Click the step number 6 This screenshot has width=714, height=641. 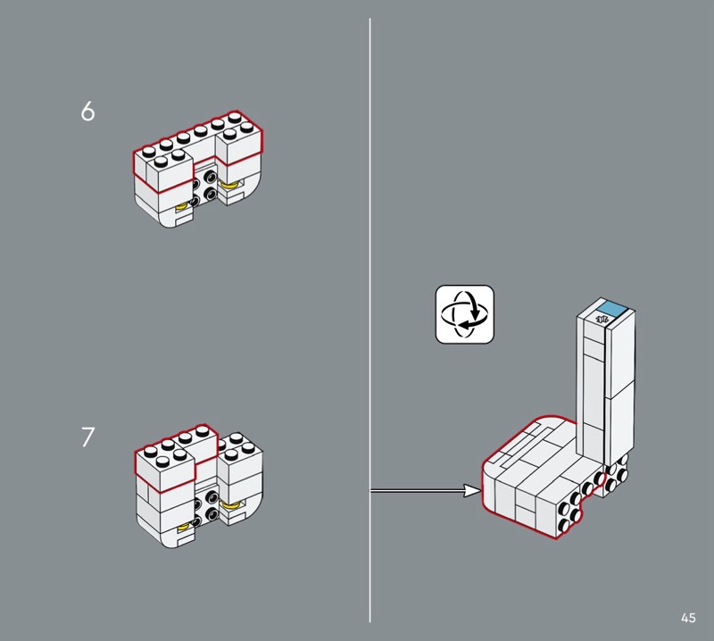point(87,112)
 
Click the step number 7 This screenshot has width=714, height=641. point(87,437)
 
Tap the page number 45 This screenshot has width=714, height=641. point(688,618)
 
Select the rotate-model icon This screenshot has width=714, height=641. point(464,314)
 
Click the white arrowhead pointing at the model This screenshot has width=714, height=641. point(472,491)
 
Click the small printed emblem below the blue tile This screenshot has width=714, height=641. point(602,319)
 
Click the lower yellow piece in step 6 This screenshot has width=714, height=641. point(182,207)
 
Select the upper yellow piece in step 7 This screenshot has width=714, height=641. point(231,504)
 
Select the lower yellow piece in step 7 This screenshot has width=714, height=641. point(184,527)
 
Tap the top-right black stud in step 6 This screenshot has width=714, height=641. point(211,176)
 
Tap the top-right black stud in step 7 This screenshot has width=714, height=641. point(212,496)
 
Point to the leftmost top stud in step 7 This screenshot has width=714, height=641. point(150,452)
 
